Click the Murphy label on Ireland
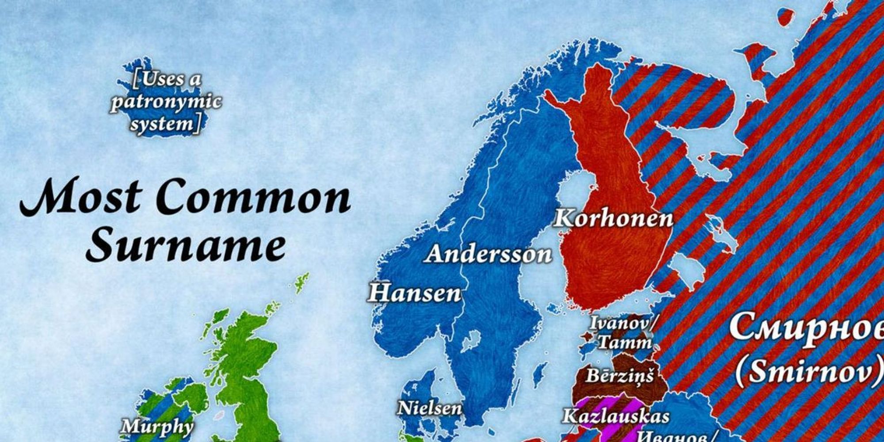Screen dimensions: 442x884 (x=157, y=427)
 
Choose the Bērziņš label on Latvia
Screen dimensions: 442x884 (x=619, y=376)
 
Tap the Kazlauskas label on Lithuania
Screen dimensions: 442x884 (x=616, y=416)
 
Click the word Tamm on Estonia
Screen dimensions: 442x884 (x=625, y=343)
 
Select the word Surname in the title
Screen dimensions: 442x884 (x=186, y=246)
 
